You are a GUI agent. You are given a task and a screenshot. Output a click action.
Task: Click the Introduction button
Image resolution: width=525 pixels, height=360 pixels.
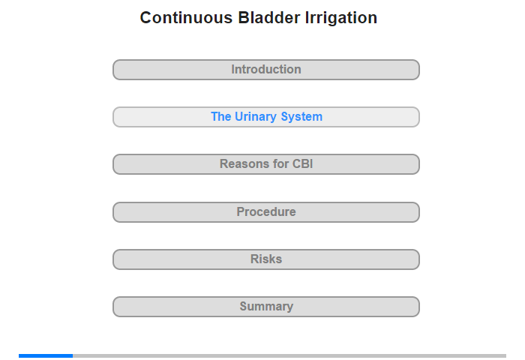(266, 70)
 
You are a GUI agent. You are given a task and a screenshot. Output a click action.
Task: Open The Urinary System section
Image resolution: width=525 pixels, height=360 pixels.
(266, 117)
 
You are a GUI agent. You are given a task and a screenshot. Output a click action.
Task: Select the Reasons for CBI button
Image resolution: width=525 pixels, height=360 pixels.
(266, 164)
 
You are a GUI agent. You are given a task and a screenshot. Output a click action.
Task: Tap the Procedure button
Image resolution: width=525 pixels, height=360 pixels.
(266, 212)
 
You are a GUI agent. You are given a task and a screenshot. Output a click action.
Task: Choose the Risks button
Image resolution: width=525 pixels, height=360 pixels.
(266, 259)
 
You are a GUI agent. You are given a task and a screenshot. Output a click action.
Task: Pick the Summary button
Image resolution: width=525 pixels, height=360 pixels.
(266, 307)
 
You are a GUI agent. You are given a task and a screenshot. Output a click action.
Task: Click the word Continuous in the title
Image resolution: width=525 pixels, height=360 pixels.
(186, 18)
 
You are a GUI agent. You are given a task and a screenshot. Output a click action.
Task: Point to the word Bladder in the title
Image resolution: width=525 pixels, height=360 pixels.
(269, 18)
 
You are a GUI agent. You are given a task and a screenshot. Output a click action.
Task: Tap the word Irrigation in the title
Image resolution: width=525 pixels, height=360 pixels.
(341, 18)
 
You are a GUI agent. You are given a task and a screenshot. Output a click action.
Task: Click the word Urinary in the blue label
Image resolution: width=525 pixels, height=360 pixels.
(256, 117)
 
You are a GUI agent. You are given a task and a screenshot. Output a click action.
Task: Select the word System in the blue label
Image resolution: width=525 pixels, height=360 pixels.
(301, 117)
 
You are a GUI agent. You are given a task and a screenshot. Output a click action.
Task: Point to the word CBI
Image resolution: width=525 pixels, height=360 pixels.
(303, 163)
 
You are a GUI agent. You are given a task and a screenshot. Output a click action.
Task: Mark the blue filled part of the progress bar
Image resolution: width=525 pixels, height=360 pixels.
(46, 355)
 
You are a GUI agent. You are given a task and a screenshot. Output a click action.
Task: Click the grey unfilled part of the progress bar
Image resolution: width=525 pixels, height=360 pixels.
(289, 355)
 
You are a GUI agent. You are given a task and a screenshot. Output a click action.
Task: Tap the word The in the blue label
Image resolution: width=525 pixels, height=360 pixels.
(221, 116)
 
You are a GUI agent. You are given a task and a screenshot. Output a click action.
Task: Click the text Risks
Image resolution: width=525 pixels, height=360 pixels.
(266, 259)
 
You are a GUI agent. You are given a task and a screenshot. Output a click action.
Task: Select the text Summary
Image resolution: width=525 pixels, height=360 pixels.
(266, 307)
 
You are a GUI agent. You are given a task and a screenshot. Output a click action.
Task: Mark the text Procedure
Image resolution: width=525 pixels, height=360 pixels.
(266, 211)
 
